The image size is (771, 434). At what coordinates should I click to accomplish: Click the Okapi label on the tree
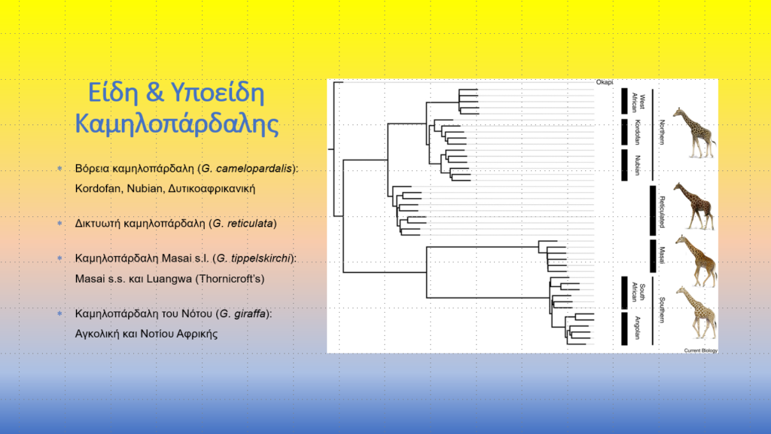click(x=605, y=82)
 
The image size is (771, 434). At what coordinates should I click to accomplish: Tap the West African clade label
click(x=638, y=102)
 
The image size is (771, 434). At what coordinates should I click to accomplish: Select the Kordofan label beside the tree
click(x=638, y=132)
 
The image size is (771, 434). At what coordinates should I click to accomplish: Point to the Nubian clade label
click(x=638, y=165)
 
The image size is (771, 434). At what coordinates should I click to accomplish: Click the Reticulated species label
click(x=662, y=212)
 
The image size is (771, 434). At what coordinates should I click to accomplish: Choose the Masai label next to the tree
click(x=662, y=255)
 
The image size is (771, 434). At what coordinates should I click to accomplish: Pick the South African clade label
click(x=638, y=292)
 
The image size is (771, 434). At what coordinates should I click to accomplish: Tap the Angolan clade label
click(x=638, y=328)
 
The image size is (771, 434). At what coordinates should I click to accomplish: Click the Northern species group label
click(x=662, y=132)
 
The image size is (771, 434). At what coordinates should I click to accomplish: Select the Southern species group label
click(x=662, y=310)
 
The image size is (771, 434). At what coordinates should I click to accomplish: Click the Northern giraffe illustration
click(x=694, y=133)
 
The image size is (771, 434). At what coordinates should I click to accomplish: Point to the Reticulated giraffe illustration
click(x=694, y=206)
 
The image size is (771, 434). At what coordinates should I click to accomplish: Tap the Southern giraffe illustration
click(x=696, y=313)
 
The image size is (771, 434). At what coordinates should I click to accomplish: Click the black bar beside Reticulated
click(x=653, y=211)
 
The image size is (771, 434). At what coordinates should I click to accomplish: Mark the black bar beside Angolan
click(x=624, y=329)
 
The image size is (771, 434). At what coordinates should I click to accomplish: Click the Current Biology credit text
click(x=701, y=350)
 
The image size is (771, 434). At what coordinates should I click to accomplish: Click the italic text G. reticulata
click(x=243, y=223)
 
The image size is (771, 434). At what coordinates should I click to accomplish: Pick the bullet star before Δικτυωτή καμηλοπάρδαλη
click(x=60, y=223)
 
